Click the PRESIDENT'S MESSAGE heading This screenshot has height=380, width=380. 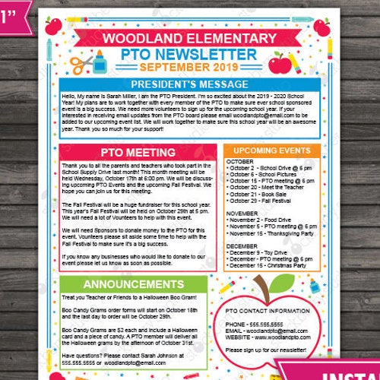[189, 84]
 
